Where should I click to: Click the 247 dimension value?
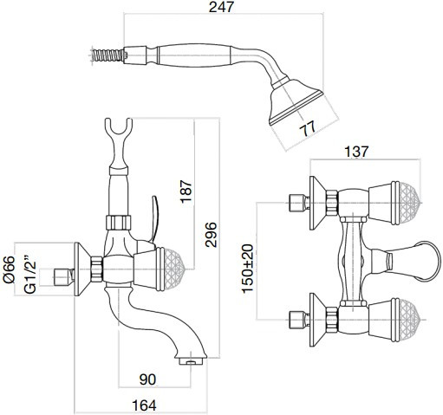(221, 7)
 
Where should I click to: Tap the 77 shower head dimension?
(308, 129)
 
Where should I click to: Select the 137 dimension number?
(356, 152)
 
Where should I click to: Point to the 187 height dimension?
(186, 191)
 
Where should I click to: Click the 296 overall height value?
(211, 235)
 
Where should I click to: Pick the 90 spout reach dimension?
(147, 379)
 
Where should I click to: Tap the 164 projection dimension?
(144, 405)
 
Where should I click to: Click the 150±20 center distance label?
(248, 269)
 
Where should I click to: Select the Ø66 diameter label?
(9, 269)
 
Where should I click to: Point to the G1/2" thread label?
(30, 274)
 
